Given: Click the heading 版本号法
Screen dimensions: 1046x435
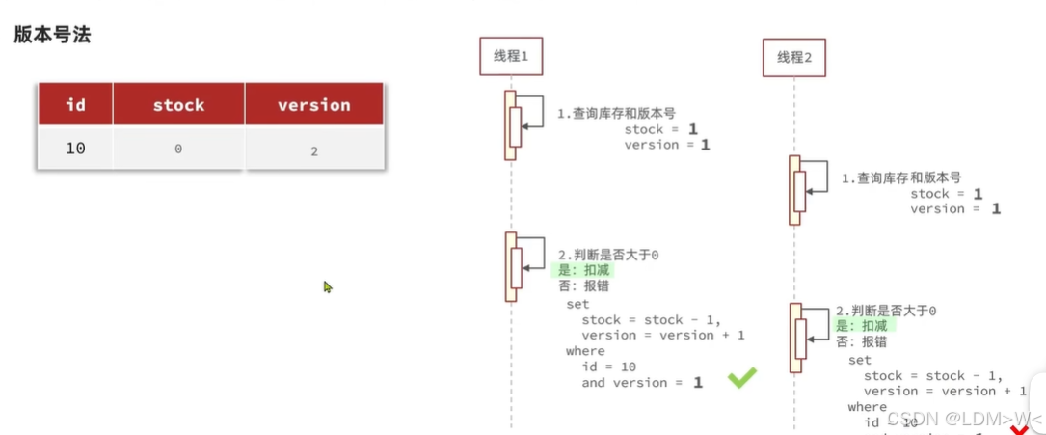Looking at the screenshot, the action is click(x=52, y=35).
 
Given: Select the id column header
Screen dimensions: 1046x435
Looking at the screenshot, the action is click(x=75, y=104).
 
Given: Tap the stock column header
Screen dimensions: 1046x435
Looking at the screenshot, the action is click(x=178, y=104).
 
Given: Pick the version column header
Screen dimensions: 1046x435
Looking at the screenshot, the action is click(x=313, y=104).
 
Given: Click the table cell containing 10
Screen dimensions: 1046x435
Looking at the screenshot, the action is click(x=75, y=149).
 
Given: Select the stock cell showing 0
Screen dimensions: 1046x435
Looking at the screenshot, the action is click(x=178, y=150).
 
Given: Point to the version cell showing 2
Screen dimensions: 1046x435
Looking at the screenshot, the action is click(x=314, y=150).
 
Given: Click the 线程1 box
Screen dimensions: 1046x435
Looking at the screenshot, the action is click(x=511, y=56).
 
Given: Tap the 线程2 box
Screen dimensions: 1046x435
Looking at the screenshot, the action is click(x=794, y=58).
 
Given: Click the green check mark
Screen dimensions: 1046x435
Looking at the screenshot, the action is click(x=741, y=377).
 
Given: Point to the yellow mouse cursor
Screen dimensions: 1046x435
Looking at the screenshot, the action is click(x=328, y=286).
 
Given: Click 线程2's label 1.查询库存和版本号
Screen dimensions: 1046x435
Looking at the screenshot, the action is click(x=900, y=178).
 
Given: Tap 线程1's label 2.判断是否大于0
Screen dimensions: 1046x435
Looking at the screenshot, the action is click(x=608, y=255).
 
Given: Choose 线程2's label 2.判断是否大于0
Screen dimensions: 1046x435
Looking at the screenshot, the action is click(x=886, y=311).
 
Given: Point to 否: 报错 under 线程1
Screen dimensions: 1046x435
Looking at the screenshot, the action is click(x=583, y=285).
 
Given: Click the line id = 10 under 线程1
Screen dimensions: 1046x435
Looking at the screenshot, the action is click(x=608, y=367).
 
